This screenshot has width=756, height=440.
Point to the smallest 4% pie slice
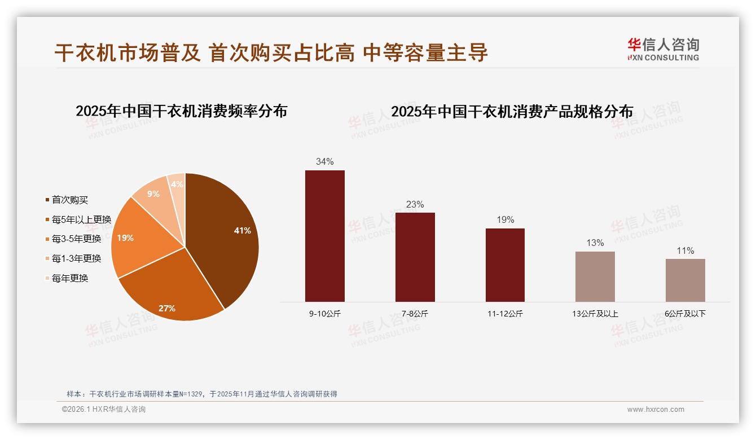[177, 184]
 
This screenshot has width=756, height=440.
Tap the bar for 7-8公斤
[415, 257]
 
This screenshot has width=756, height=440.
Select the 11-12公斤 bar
[505, 265]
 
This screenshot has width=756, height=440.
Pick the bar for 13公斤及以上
[595, 276]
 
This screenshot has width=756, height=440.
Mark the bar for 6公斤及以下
[685, 280]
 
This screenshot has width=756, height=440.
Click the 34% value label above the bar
[325, 161]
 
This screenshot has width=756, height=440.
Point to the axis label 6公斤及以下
[685, 314]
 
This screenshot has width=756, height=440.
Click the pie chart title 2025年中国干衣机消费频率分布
[181, 111]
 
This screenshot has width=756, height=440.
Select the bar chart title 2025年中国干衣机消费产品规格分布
[512, 111]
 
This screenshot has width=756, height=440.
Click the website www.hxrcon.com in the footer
[656, 410]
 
